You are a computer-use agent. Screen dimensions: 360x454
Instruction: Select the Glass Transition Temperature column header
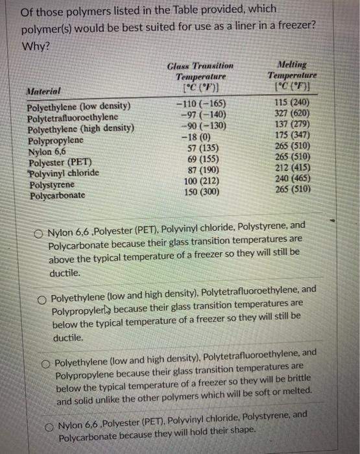click(200, 77)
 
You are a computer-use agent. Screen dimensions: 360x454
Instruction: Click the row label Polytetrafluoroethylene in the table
click(73, 117)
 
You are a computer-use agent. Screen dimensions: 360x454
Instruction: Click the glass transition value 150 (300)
click(200, 193)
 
